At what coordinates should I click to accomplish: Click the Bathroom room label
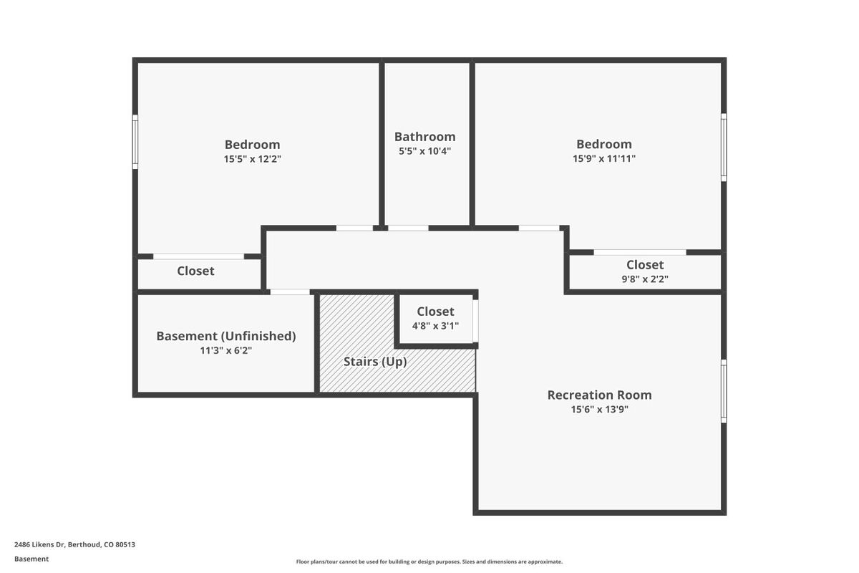point(424,136)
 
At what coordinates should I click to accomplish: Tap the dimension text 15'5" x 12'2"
point(252,159)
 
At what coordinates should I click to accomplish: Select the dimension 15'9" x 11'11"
point(604,159)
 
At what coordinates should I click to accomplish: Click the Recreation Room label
point(599,395)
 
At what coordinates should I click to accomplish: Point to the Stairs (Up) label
point(375,362)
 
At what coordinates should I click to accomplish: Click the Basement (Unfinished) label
point(225,336)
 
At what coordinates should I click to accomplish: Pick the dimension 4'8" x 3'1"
point(435,326)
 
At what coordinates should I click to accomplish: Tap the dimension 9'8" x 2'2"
point(645,279)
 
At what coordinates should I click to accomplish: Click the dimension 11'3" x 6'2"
point(225,351)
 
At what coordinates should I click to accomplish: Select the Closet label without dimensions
point(195,271)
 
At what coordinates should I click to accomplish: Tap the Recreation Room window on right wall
point(724,391)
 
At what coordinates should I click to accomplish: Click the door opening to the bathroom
point(408,228)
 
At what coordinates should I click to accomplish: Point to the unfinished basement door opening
point(290,292)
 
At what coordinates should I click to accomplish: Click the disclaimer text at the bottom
point(429,562)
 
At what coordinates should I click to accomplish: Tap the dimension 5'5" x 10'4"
point(424,151)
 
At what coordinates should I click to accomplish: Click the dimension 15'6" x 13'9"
point(599,410)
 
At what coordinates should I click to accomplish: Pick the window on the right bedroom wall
point(724,148)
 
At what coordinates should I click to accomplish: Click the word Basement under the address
point(31,559)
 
